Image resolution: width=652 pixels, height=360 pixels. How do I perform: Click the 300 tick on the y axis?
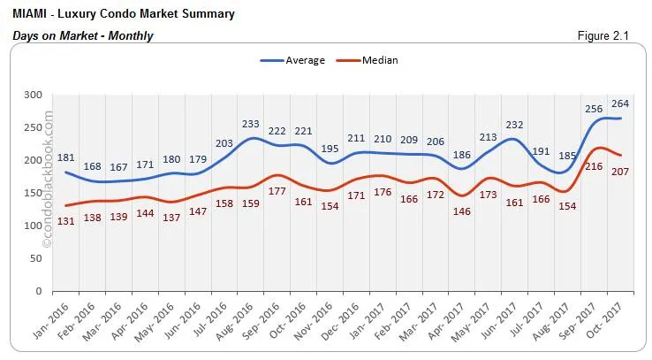(33, 94)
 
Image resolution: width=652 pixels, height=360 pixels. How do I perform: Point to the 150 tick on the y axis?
(33, 192)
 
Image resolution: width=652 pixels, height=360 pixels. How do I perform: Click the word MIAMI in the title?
(32, 14)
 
